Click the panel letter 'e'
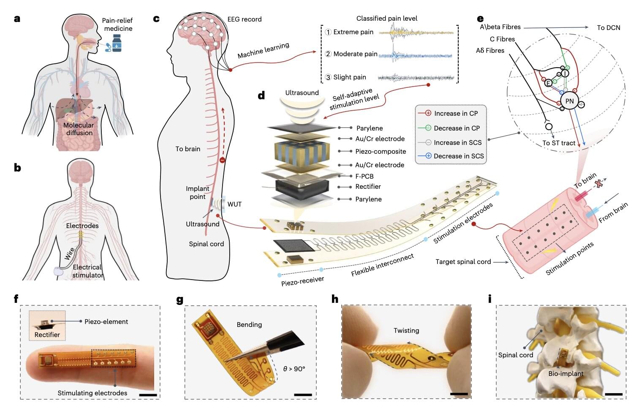click(480, 19)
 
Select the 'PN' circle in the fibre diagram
click(569, 101)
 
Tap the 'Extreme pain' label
click(353, 32)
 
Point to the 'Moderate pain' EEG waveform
click(415, 55)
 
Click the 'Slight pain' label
click(349, 77)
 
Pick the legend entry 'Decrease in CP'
click(457, 128)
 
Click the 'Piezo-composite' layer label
click(381, 151)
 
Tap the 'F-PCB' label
click(364, 176)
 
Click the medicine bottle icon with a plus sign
click(117, 43)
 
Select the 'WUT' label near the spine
click(234, 204)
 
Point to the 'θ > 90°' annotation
click(294, 369)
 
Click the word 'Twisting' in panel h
click(406, 330)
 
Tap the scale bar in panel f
click(148, 395)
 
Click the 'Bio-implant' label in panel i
click(566, 373)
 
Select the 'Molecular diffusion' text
click(79, 129)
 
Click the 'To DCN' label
click(608, 27)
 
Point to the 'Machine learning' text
click(263, 51)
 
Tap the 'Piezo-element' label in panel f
click(106, 321)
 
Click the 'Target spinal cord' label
click(463, 262)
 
